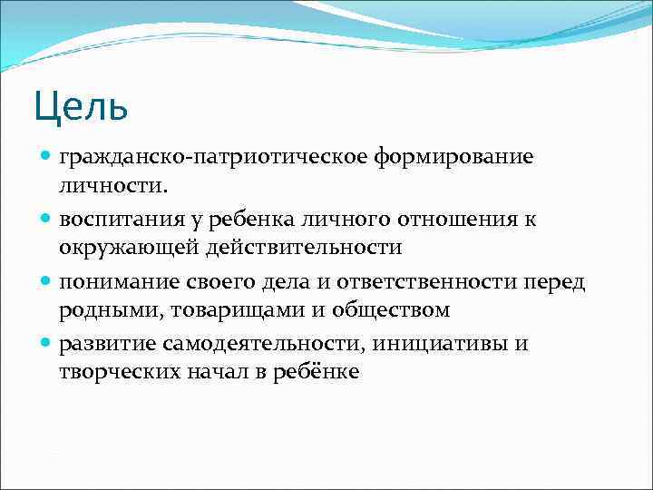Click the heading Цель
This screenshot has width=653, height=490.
tap(82, 105)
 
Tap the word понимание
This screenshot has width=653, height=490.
tap(112, 283)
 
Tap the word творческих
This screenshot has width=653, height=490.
tap(112, 371)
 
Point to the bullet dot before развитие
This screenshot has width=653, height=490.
tap(46, 345)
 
